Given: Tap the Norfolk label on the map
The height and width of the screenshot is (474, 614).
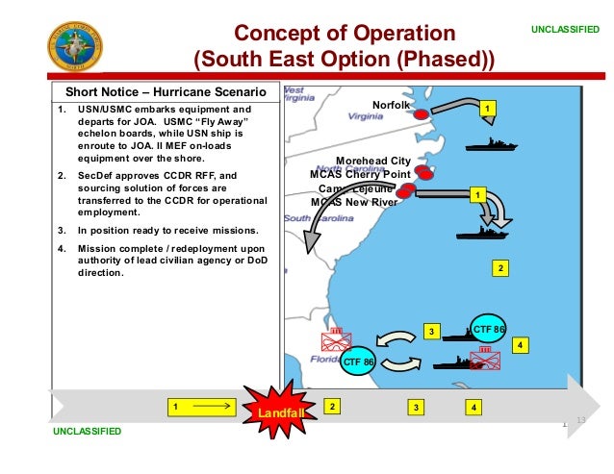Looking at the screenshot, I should [x=391, y=105].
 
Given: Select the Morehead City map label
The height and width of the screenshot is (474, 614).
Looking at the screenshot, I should [x=373, y=161].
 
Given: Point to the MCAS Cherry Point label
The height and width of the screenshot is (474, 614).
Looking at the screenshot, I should [x=360, y=174].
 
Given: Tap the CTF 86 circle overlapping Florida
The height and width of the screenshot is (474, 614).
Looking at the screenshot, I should [x=359, y=362].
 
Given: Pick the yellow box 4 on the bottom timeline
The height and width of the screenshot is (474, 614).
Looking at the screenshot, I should [x=473, y=408].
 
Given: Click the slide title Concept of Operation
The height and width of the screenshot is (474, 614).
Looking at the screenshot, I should [x=345, y=35].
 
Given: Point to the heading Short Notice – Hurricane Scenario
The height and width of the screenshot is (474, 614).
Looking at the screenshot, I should [x=165, y=92].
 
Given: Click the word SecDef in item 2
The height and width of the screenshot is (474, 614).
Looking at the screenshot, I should [x=96, y=176].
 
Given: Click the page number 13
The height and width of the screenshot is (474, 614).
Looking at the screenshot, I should [x=580, y=420].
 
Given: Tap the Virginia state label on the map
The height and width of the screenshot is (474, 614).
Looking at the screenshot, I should [x=366, y=116].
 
